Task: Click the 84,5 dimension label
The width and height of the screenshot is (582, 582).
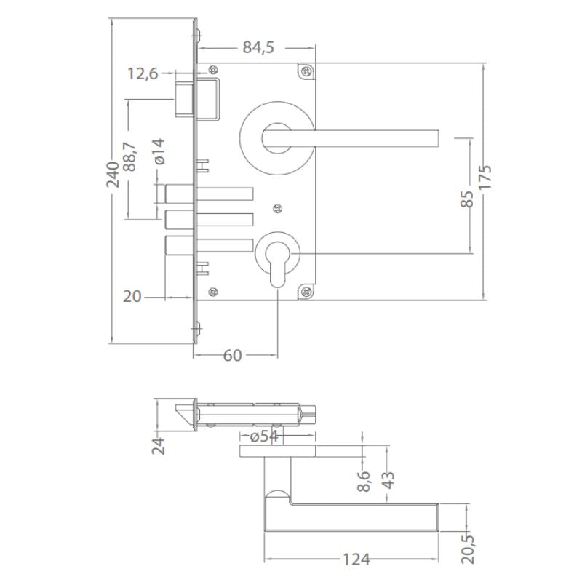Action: coord(258,47)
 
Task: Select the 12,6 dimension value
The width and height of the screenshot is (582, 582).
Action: coord(143,73)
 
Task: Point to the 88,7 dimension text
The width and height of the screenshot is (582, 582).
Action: coord(130,156)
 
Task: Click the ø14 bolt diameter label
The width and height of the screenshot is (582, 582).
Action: coord(159,151)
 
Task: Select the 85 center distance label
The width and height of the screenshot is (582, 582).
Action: coord(468,198)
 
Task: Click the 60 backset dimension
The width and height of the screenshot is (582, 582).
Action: coord(232,356)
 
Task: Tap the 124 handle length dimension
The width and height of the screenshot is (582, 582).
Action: coord(356,559)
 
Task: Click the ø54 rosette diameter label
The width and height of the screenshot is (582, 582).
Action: coord(264,436)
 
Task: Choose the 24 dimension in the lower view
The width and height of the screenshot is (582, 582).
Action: coord(159,445)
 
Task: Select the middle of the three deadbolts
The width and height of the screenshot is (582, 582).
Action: coord(209,219)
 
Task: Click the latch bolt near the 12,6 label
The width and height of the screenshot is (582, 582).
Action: coord(184,100)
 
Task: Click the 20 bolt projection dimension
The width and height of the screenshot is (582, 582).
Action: coord(132,297)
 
